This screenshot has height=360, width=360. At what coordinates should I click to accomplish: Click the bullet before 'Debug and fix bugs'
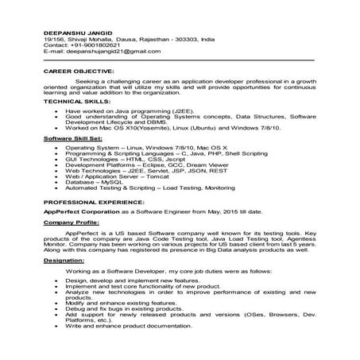point(53,308)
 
